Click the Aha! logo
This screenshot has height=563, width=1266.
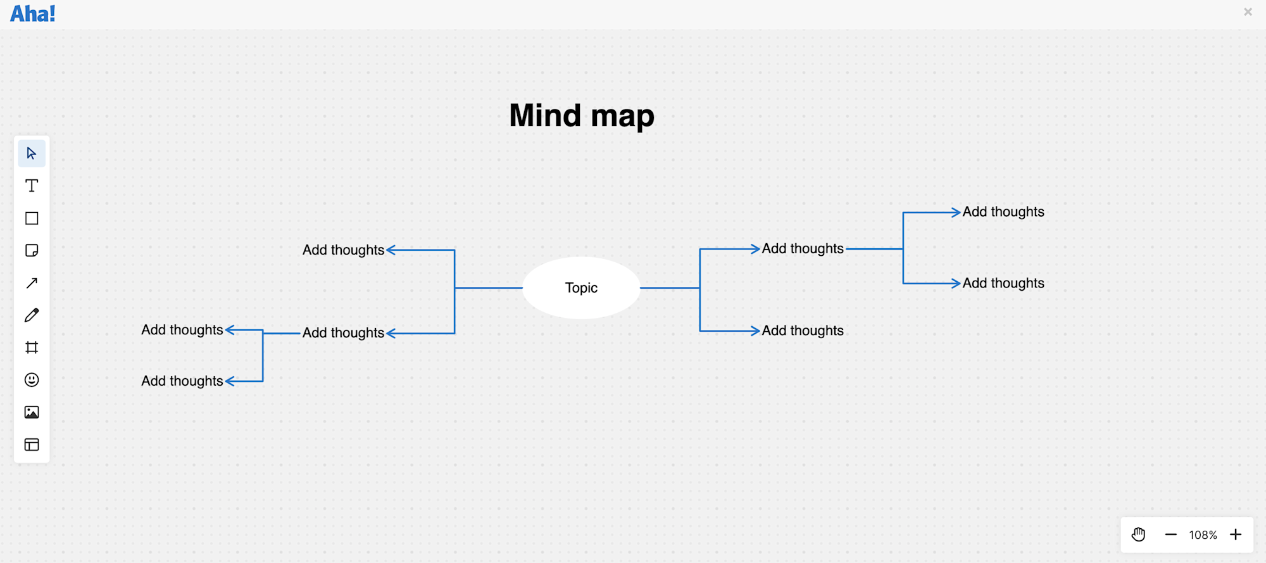tap(33, 14)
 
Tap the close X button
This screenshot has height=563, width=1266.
tap(1248, 12)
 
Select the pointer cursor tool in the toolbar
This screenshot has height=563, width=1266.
tap(32, 153)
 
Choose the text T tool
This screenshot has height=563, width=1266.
tap(32, 186)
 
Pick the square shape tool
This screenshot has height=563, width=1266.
tap(32, 218)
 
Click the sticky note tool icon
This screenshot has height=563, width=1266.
tap(32, 251)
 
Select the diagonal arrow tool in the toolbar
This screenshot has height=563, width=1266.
tap(32, 283)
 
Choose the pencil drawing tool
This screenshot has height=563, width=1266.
tap(32, 315)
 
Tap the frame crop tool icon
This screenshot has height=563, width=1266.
tap(32, 348)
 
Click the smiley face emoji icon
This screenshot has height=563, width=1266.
tap(32, 380)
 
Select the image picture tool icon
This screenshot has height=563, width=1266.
tap(32, 412)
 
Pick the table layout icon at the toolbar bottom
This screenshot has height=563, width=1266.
tap(32, 445)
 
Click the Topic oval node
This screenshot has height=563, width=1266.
tap(581, 288)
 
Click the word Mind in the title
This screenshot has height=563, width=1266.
tap(545, 116)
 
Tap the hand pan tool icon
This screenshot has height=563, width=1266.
tap(1138, 535)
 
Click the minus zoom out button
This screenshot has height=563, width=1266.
tap(1170, 535)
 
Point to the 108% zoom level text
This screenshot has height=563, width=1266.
tap(1203, 535)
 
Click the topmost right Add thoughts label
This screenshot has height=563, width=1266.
tap(1003, 212)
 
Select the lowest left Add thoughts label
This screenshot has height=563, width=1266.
tap(182, 381)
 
